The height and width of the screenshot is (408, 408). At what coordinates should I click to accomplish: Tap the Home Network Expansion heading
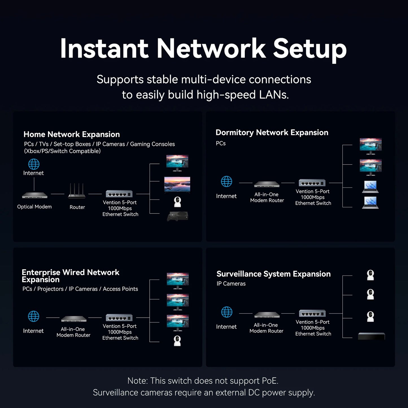pos(72,134)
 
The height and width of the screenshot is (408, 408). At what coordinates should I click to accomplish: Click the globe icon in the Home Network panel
pos(34,164)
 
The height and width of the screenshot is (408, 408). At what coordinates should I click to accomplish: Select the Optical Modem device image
pos(34,195)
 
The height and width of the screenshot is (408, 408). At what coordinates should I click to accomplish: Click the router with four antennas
pos(77,191)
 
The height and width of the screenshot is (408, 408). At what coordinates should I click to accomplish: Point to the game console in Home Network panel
pos(177,216)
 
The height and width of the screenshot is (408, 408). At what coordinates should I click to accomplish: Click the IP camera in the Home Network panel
pos(177,202)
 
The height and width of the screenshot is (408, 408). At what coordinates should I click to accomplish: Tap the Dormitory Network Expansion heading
pos(272,132)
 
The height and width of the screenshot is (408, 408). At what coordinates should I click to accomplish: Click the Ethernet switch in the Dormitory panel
pos(312,183)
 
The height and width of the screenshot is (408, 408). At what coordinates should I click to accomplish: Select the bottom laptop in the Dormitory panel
pos(370,203)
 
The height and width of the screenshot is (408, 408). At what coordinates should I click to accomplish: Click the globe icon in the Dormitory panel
pos(226,182)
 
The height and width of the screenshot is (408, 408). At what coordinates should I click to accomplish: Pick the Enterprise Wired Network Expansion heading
pos(70,276)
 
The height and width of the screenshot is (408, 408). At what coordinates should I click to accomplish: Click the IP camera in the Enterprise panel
pos(177,341)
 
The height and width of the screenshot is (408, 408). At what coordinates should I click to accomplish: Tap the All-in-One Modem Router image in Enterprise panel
pos(74,319)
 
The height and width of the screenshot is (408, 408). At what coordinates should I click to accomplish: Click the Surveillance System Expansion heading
pos(273,274)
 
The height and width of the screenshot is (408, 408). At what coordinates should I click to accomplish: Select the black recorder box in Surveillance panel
pos(371,336)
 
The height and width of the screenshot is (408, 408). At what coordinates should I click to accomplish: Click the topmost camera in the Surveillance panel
pos(370,275)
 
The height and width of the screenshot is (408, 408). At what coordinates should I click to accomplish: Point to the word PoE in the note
pos(269,381)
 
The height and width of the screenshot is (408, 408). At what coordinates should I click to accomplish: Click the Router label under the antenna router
pos(77,207)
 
